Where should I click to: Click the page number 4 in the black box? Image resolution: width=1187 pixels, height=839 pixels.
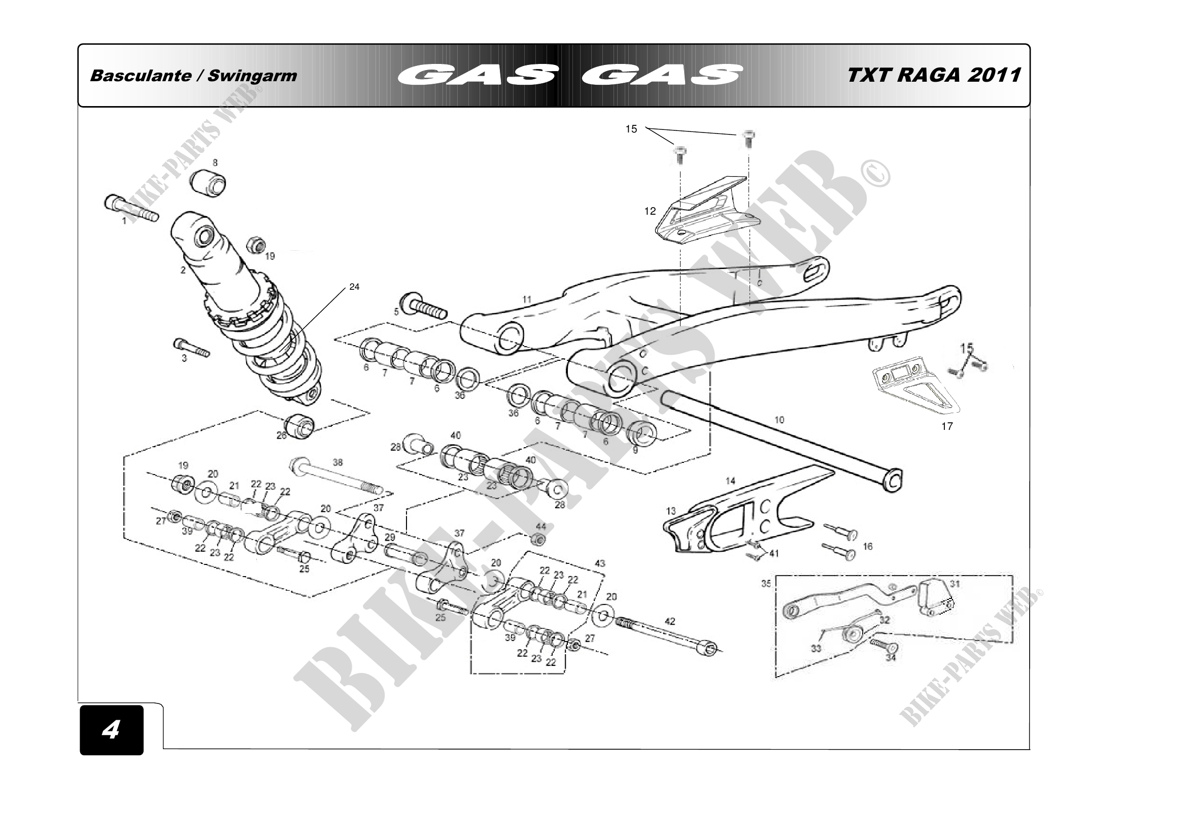click(x=111, y=729)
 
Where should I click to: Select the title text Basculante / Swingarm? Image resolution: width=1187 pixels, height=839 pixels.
click(x=193, y=76)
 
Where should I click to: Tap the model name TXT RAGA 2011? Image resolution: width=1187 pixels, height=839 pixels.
click(x=934, y=75)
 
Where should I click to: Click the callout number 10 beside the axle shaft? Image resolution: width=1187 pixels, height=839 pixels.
click(x=779, y=420)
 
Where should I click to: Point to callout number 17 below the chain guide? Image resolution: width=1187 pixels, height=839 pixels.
click(x=947, y=426)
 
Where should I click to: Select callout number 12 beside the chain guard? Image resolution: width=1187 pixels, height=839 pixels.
click(x=650, y=211)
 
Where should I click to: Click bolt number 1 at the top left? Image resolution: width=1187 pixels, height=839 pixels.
click(x=131, y=210)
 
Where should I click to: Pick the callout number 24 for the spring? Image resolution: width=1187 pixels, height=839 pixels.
click(x=354, y=287)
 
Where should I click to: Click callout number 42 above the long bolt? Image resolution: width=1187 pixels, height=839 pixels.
click(x=669, y=621)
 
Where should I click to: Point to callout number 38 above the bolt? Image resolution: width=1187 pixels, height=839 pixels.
click(x=337, y=463)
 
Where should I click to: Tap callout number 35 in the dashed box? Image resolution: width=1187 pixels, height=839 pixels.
click(x=766, y=584)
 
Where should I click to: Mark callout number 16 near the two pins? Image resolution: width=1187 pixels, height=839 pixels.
click(x=868, y=546)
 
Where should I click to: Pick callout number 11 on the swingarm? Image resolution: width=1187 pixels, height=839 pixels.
click(x=527, y=299)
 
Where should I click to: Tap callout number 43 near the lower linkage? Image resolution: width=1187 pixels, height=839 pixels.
click(x=600, y=563)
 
